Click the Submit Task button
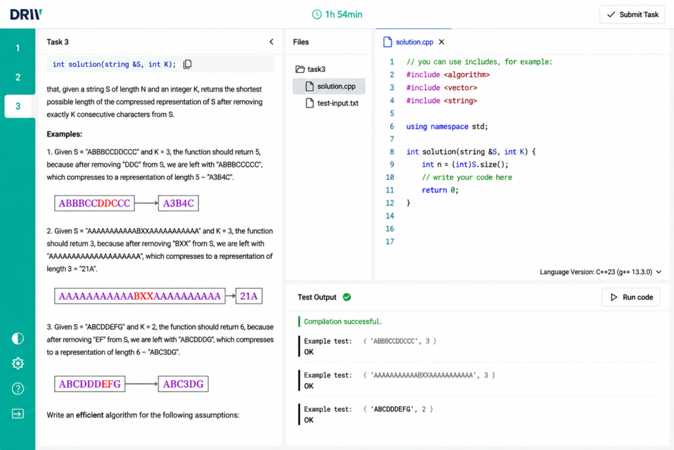click(632, 14)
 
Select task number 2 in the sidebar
click(18, 78)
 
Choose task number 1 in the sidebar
click(18, 48)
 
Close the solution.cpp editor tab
click(442, 42)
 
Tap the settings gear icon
click(18, 364)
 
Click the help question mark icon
click(18, 389)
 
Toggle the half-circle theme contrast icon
click(18, 339)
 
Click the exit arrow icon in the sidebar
click(18, 414)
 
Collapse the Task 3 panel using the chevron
click(271, 42)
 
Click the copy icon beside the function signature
click(188, 64)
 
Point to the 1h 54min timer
click(337, 14)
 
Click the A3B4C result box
click(178, 203)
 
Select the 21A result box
click(249, 296)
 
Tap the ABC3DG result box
click(183, 383)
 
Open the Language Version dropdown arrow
click(659, 272)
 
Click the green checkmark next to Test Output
click(347, 297)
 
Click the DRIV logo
click(26, 14)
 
